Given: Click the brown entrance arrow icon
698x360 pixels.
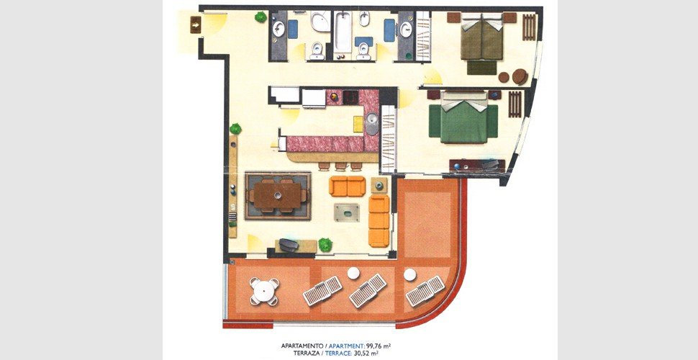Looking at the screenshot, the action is (196, 24).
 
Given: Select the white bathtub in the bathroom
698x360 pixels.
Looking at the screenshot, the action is (343, 32).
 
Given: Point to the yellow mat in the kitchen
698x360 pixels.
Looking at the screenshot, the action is (358, 125).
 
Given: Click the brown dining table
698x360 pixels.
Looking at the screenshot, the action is (278, 195).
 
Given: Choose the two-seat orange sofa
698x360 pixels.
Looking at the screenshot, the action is (348, 186).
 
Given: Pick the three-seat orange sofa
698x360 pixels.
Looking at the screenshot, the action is (379, 221).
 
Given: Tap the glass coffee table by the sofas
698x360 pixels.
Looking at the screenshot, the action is (347, 212).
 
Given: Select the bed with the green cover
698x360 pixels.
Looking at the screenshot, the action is (463, 118).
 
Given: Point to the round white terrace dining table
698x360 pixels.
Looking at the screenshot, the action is (264, 292).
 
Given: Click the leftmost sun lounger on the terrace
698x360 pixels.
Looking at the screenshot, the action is (322, 290).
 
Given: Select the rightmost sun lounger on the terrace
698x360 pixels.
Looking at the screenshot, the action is (425, 291).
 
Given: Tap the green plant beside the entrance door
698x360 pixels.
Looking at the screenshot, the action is (261, 17).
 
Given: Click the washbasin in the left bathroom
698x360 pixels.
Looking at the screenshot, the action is (278, 29).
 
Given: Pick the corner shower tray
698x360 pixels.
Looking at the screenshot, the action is (320, 22).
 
